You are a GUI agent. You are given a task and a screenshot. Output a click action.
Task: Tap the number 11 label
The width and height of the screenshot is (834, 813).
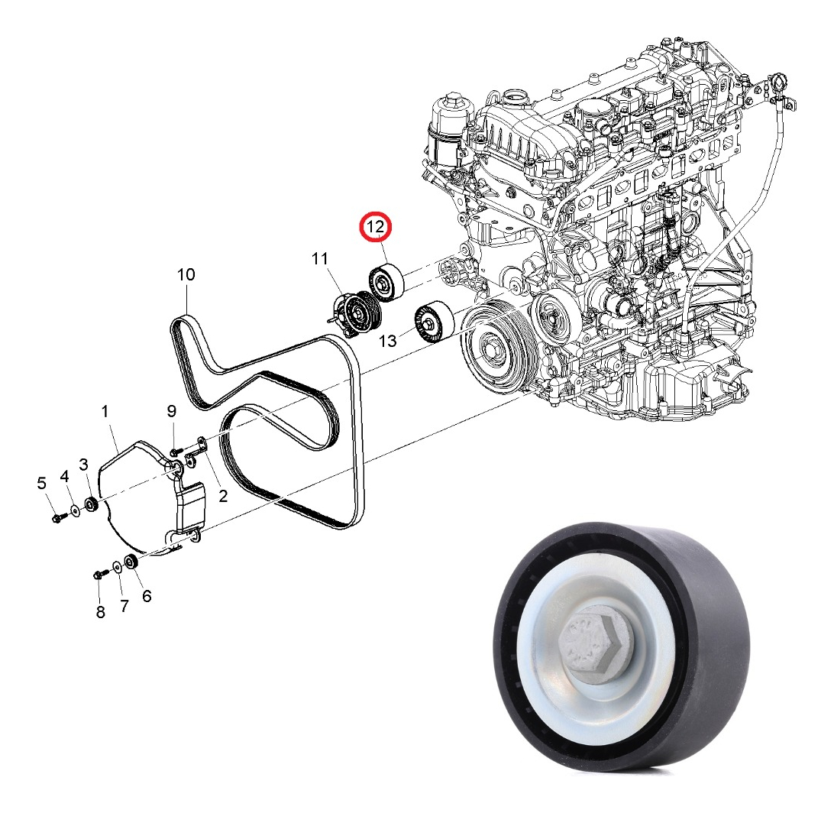[x=319, y=260]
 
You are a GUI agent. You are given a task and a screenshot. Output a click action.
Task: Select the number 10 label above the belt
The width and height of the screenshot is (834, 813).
[x=186, y=274]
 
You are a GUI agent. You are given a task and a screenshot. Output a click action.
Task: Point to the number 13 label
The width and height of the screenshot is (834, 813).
[x=388, y=341]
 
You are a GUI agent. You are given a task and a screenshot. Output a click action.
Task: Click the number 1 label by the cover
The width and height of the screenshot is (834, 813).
[x=106, y=413]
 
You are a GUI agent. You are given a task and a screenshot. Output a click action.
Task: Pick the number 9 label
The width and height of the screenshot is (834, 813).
[x=172, y=413]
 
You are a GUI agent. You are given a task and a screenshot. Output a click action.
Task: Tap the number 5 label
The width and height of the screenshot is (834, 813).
[x=42, y=482]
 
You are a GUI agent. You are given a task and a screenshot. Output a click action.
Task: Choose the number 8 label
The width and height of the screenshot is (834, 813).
[x=100, y=613]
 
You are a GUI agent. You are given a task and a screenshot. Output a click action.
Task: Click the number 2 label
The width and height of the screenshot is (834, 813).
[x=222, y=497]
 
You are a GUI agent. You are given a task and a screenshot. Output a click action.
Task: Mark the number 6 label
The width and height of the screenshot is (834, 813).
[x=146, y=595]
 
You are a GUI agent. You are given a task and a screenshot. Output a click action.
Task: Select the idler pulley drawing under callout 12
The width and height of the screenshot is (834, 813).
[x=386, y=282]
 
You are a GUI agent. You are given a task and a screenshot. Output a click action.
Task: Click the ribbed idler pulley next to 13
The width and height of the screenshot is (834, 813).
[x=433, y=322]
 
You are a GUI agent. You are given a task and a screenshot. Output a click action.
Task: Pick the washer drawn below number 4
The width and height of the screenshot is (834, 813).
[x=75, y=510]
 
